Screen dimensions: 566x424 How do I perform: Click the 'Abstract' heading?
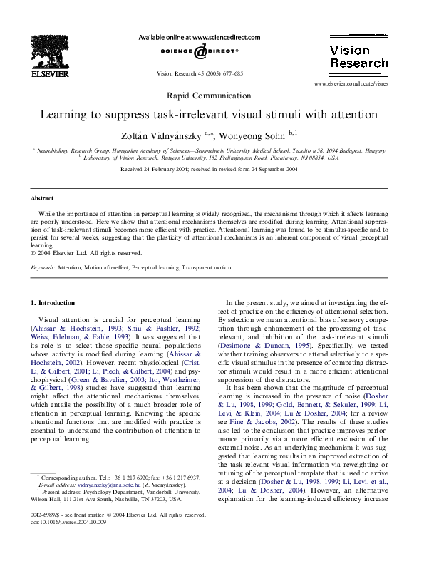click(x=42, y=198)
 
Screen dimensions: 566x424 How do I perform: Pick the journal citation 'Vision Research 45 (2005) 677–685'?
click(x=200, y=73)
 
